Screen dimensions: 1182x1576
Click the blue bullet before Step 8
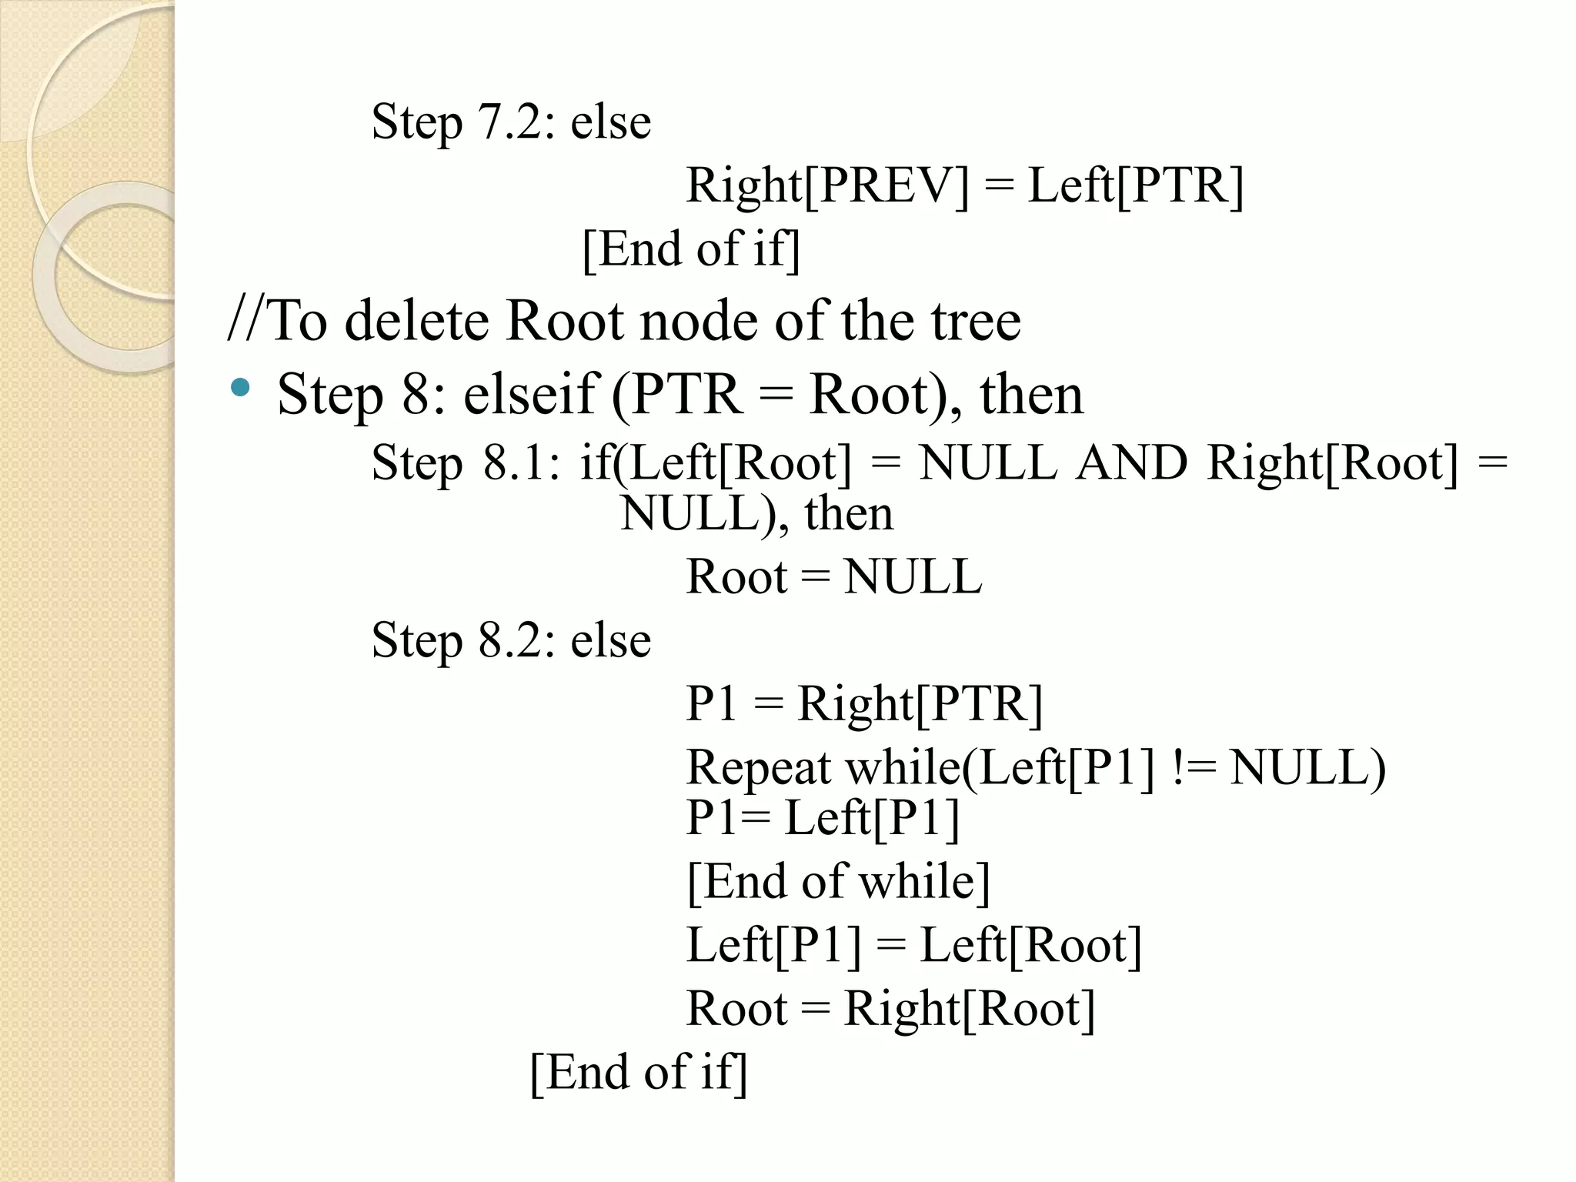pos(240,387)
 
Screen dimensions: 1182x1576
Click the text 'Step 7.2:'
pos(462,122)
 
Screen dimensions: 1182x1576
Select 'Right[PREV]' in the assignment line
pos(827,186)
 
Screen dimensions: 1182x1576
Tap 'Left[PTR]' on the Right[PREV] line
pos(1136,186)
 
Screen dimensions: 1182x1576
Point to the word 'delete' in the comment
pos(416,321)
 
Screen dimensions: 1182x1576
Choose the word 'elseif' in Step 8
pos(531,395)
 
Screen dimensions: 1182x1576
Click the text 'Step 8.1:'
pos(466,464)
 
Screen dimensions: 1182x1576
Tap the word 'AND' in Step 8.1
pos(1131,464)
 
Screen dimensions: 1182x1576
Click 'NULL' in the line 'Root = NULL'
pos(913,577)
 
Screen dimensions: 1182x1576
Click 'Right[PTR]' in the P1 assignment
pos(920,704)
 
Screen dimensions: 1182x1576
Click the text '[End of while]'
pos(838,882)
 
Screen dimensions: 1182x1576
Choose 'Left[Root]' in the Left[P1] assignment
pos(1031,946)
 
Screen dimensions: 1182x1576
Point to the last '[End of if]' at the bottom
pos(639,1072)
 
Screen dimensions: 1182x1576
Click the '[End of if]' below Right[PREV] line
pos(691,249)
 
